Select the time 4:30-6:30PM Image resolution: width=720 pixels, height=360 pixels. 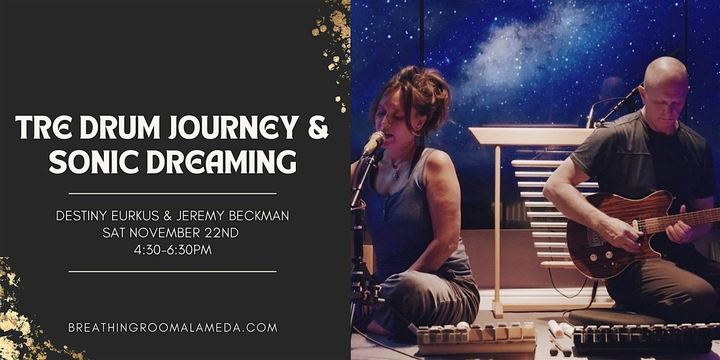point(173,250)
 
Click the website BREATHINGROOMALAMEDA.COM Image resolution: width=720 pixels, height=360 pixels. point(173,328)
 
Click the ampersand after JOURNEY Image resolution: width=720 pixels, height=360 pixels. point(318,128)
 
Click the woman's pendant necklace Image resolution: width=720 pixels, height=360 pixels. point(395,173)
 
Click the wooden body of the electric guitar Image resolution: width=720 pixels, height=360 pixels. point(600,240)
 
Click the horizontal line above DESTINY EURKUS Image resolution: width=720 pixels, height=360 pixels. point(173,194)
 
